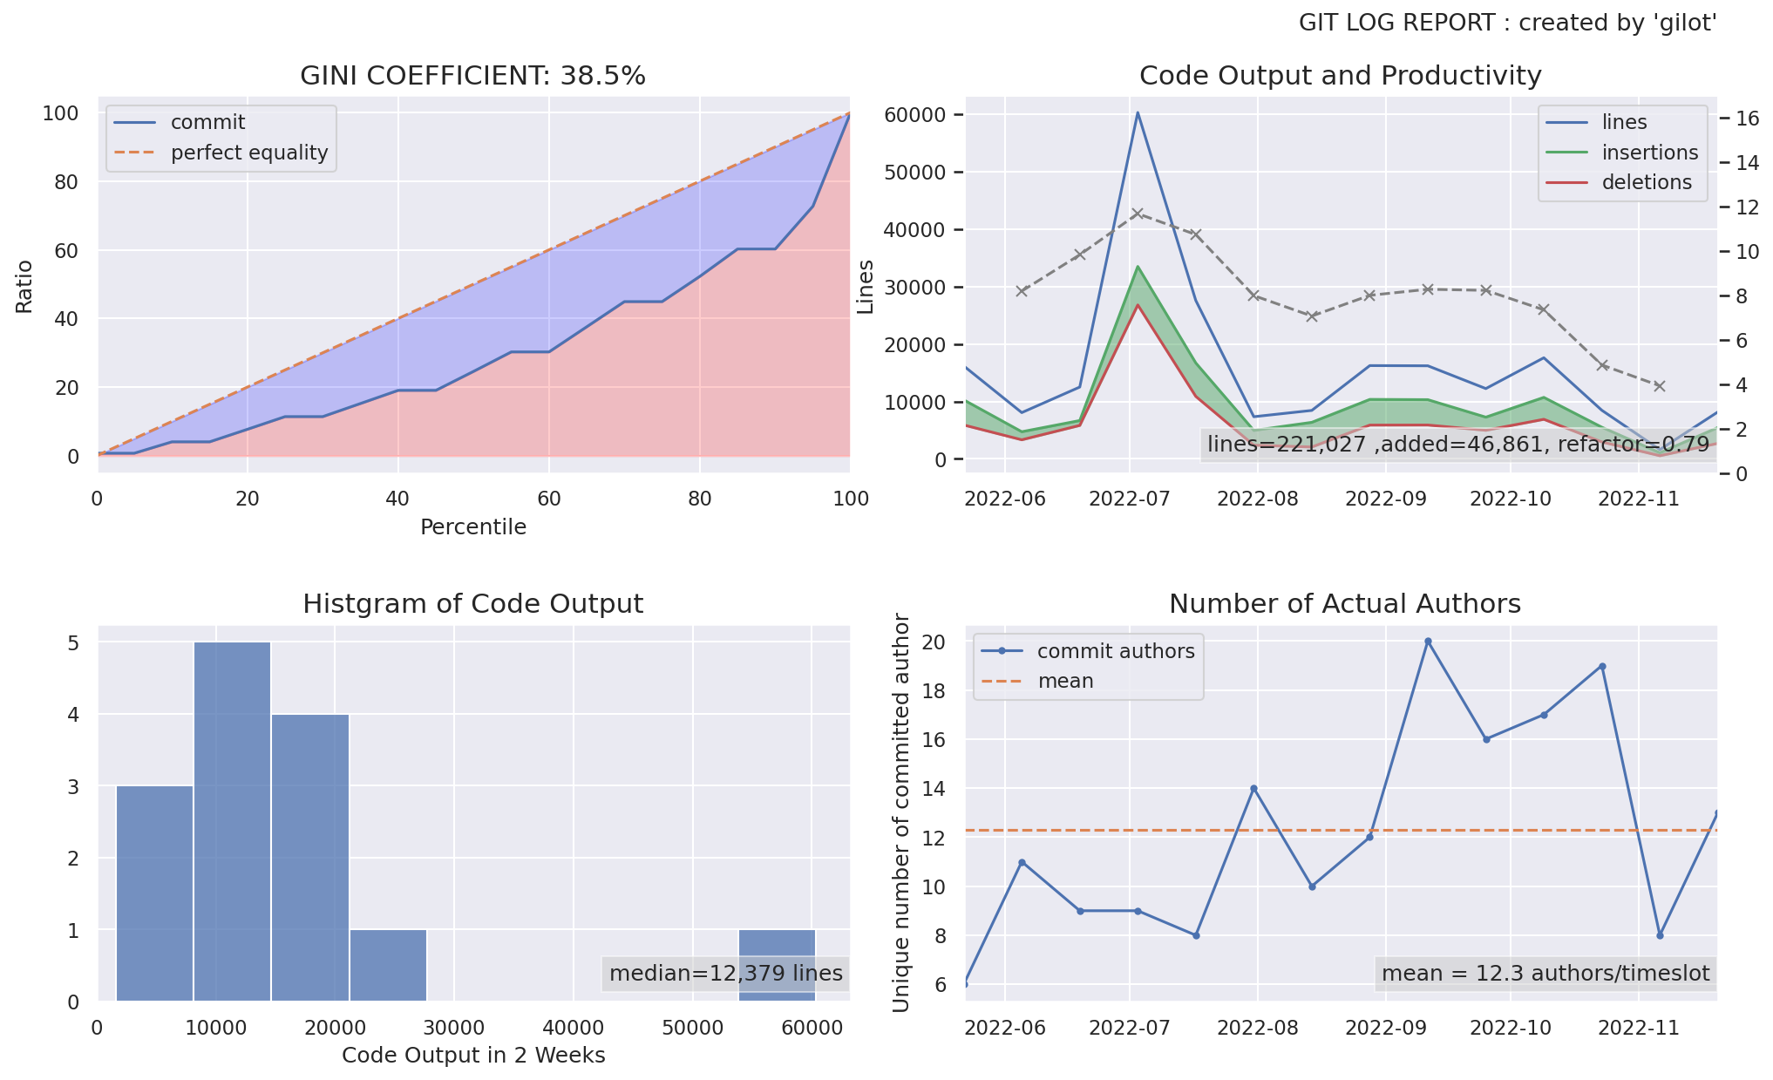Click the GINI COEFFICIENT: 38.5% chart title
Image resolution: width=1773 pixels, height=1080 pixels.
pos(472,76)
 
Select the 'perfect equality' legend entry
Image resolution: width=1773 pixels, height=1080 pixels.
pos(248,153)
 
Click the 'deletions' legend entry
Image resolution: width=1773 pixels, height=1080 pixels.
pos(1646,182)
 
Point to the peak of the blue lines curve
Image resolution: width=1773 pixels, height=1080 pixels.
pos(1137,112)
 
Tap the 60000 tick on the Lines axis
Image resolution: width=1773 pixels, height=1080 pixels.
pos(914,115)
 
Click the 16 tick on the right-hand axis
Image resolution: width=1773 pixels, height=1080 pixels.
pos(1747,119)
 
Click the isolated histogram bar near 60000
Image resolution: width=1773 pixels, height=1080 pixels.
pos(777,966)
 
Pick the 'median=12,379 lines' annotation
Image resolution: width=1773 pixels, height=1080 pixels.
pos(725,973)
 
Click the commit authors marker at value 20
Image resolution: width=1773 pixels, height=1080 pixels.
pos(1428,642)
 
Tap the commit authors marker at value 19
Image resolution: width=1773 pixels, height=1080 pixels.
pos(1602,667)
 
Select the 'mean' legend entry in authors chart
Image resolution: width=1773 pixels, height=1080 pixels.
pos(1065,681)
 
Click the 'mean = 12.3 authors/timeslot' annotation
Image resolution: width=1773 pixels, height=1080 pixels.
pos(1545,973)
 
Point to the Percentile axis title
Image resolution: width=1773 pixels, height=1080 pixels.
pos(472,527)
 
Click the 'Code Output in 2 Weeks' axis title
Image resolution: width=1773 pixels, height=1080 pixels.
pos(472,1056)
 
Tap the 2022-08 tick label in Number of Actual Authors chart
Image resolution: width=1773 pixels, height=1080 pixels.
pos(1257,1028)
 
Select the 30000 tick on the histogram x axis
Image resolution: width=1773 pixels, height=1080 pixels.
pos(454,1028)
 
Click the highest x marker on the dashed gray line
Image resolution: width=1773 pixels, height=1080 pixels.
pos(1137,213)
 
